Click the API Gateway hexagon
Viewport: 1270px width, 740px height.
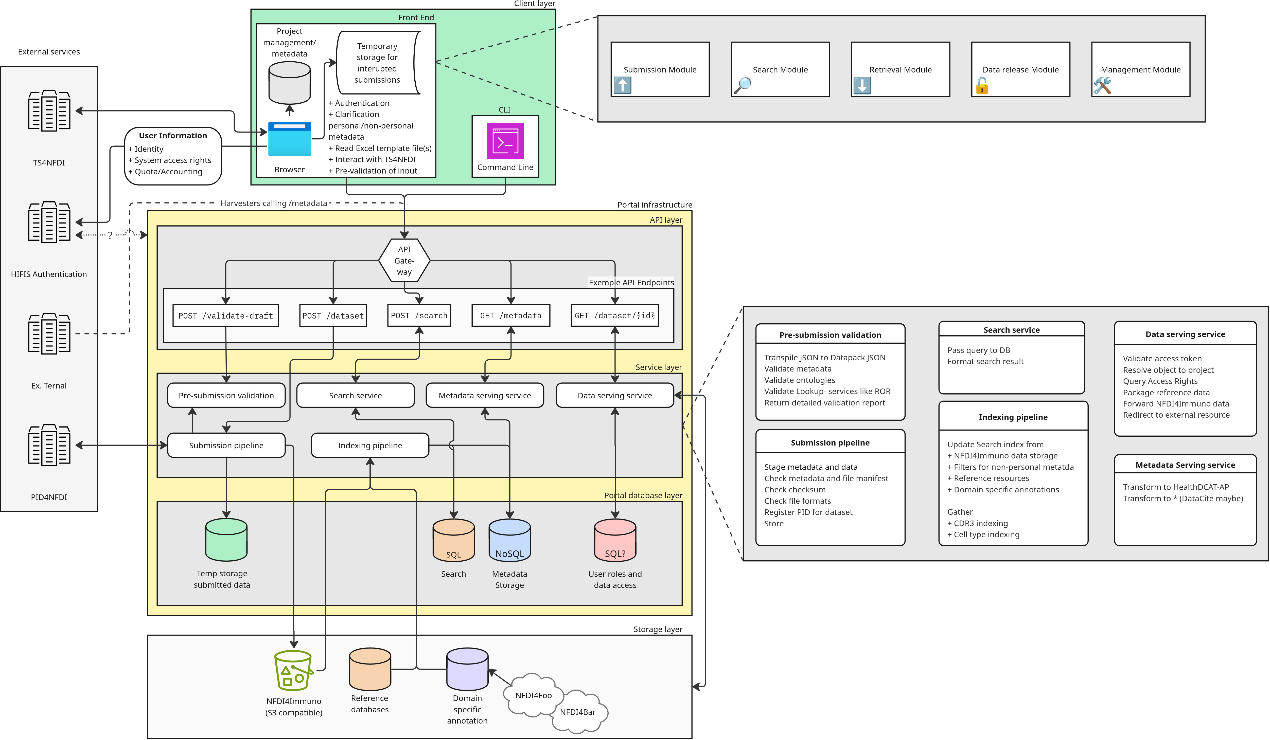click(404, 261)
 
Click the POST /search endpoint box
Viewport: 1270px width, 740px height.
click(419, 315)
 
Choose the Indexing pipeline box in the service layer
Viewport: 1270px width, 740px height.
click(370, 445)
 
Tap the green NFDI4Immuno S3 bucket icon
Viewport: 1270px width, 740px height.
click(293, 670)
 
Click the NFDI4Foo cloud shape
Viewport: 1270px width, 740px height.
click(533, 695)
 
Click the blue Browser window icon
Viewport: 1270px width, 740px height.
click(289, 139)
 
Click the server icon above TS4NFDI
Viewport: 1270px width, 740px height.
click(49, 111)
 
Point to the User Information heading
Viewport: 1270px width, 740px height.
click(173, 136)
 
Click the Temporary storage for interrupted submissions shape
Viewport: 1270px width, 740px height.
click(377, 63)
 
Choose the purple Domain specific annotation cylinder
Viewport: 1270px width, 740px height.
click(467, 669)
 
